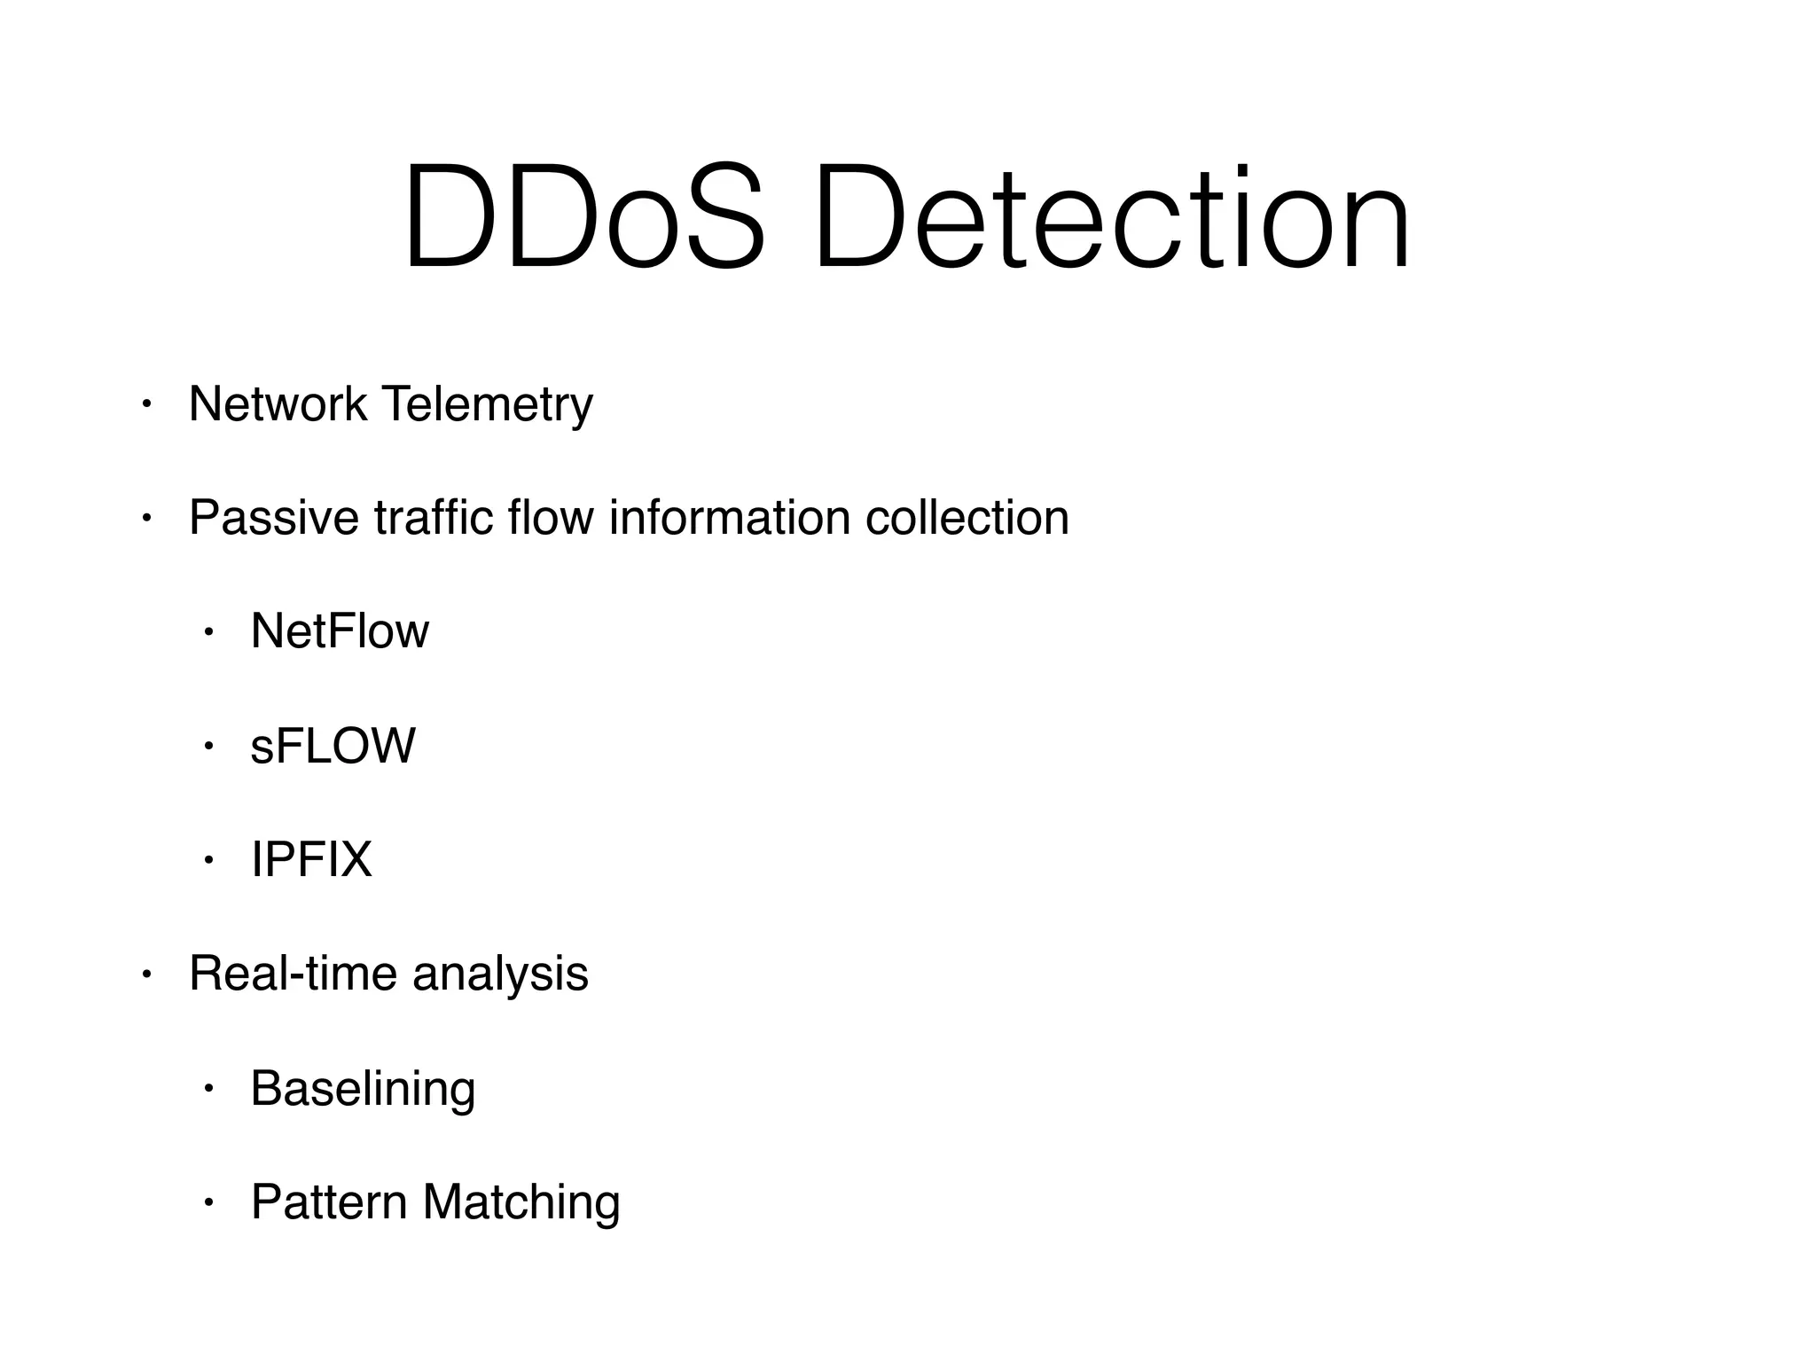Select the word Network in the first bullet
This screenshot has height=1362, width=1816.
(278, 404)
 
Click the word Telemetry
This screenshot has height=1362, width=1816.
(487, 406)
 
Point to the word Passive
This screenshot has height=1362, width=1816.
(274, 518)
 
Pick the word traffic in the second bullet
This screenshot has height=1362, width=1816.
(434, 518)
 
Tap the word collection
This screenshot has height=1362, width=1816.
(967, 518)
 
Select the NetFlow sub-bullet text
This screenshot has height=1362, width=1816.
(340, 631)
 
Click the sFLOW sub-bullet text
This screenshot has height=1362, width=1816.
(333, 746)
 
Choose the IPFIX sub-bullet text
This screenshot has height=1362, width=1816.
(311, 859)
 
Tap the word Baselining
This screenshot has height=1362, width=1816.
(363, 1089)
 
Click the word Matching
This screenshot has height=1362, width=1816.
(521, 1204)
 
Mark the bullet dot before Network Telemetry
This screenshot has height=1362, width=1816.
(147, 405)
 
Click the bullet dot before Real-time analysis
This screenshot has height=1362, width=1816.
(147, 975)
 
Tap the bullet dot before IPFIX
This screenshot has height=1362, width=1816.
(209, 860)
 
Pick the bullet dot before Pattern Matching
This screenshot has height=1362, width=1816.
(209, 1203)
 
